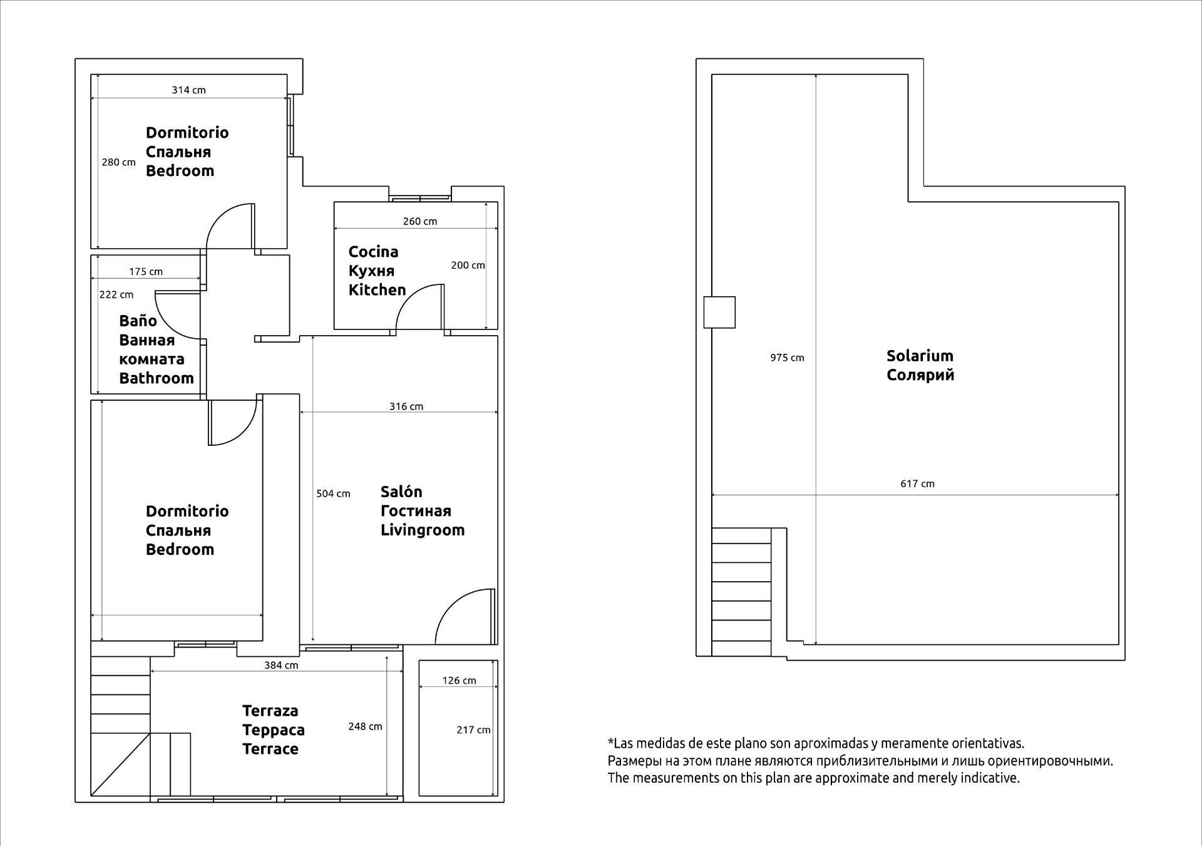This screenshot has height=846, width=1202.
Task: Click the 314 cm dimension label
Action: (x=189, y=90)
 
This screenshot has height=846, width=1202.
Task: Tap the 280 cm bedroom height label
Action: (x=119, y=162)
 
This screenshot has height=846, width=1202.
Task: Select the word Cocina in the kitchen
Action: (x=373, y=252)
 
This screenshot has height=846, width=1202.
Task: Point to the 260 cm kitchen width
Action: (x=420, y=221)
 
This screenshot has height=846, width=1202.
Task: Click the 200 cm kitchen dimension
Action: (x=468, y=266)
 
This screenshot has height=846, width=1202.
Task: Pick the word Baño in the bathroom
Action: (x=138, y=321)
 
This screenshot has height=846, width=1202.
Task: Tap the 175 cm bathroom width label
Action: (x=146, y=272)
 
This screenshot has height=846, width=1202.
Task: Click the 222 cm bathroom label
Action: (x=116, y=294)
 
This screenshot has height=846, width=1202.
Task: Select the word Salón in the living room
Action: (x=401, y=492)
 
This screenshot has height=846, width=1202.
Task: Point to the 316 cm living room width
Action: (x=406, y=406)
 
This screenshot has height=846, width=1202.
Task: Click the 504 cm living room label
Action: (x=333, y=493)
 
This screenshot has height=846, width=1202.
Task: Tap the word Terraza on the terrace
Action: (x=270, y=711)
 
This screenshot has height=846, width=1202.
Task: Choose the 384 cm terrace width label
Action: (x=281, y=665)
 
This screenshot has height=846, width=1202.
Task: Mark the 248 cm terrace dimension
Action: (x=365, y=726)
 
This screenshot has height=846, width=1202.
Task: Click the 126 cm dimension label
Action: (x=459, y=681)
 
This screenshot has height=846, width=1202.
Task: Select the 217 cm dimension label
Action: (x=474, y=730)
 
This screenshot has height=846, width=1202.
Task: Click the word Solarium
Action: (x=920, y=356)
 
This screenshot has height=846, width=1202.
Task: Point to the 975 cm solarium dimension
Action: (x=787, y=358)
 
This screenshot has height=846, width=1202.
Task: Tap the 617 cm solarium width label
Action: (x=918, y=483)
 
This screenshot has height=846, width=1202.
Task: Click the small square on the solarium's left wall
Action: (x=719, y=312)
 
